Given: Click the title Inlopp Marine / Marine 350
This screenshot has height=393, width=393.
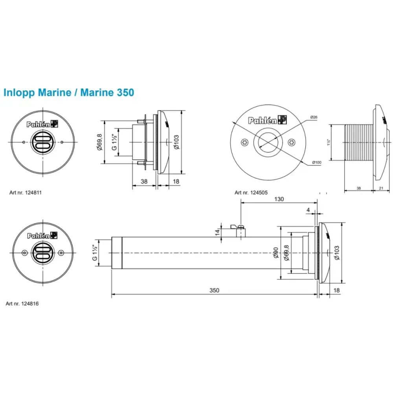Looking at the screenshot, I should click(x=69, y=93).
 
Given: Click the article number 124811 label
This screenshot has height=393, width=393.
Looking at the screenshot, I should click(x=26, y=193).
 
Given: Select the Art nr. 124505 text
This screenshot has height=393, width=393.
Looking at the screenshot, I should click(x=251, y=193).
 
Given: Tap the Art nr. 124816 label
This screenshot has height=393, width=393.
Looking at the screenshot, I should click(x=22, y=304).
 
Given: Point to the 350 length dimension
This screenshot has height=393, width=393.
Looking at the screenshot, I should click(x=214, y=290).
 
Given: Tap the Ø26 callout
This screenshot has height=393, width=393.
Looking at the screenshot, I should click(x=313, y=118).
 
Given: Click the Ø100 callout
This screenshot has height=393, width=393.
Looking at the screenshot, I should click(x=317, y=162).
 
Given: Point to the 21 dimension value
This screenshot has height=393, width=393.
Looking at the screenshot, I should click(x=381, y=188).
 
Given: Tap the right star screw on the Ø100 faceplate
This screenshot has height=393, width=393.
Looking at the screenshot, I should click(x=291, y=142).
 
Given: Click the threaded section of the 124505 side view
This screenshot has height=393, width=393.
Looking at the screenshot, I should click(x=358, y=142).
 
